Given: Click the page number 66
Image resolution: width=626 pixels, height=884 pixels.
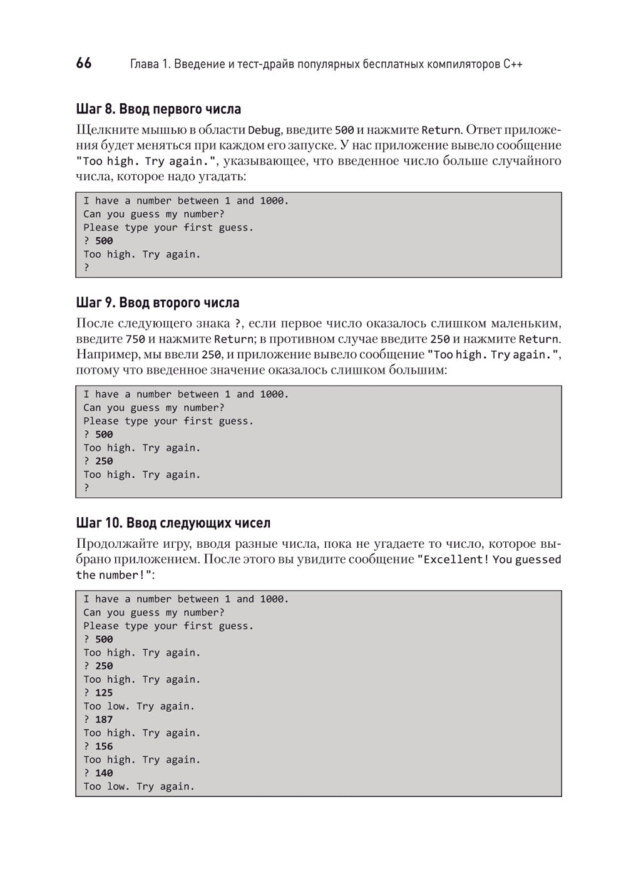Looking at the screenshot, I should [x=84, y=63].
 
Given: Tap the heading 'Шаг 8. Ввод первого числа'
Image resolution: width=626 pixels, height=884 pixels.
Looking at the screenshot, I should [x=158, y=110].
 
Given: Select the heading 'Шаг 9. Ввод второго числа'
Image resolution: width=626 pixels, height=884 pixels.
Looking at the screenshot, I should [x=158, y=303].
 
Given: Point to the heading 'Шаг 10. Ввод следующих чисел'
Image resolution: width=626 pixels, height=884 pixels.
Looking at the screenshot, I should [x=173, y=523].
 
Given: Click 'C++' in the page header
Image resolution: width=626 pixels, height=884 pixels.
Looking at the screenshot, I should [x=513, y=64].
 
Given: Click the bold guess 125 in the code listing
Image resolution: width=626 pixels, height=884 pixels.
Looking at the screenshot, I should [x=104, y=692].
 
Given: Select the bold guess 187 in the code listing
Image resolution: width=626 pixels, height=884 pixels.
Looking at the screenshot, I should [x=104, y=719].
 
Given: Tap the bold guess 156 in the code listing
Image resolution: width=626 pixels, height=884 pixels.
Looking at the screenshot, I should [x=104, y=746].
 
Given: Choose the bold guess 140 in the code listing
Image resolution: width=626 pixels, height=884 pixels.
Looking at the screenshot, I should [x=104, y=773].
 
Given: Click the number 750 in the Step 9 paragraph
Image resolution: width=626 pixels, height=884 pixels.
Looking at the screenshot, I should [x=135, y=339].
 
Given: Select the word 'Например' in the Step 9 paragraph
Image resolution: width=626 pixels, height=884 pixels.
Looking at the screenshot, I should [x=103, y=354].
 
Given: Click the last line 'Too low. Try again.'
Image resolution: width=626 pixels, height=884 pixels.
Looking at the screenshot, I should [x=139, y=786].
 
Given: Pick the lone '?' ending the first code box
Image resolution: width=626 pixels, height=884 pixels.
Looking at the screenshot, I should [x=86, y=268].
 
